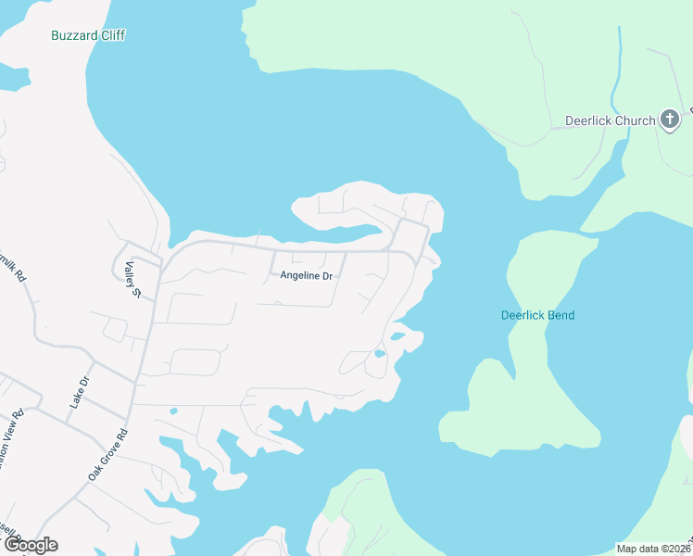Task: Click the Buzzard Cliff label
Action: [x=88, y=35]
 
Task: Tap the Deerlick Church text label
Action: [x=611, y=120]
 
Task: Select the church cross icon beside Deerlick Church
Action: [x=671, y=120]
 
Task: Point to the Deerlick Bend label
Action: [x=537, y=315]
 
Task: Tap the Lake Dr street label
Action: [x=79, y=393]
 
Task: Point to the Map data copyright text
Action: [x=653, y=549]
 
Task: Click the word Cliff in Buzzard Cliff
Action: [x=110, y=35]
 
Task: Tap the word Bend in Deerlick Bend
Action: [x=560, y=315]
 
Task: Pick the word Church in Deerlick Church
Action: [x=635, y=120]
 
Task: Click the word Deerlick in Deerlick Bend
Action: [x=522, y=315]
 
